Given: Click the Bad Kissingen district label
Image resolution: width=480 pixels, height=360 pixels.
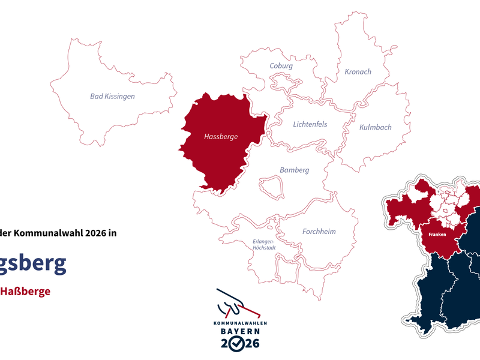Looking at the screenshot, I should pos(112,96).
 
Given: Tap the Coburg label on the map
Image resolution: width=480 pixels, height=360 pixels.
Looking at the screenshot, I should pos(281,66).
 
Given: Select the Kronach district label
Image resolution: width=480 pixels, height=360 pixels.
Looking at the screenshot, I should pos(358,72).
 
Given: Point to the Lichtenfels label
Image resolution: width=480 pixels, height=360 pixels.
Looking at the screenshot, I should pos(310,124).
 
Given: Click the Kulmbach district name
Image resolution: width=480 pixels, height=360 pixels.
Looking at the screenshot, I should pos(375,127).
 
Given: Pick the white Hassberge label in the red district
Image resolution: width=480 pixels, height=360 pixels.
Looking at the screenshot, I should pos(221,137).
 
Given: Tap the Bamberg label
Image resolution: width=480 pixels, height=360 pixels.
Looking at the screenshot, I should pos(295,170).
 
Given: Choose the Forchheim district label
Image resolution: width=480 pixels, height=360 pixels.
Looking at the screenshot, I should pos(319,232).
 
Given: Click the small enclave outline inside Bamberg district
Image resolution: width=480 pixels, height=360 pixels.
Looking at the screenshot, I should pos(271,186).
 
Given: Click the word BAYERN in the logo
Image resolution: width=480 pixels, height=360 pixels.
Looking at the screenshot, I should pos(239,331).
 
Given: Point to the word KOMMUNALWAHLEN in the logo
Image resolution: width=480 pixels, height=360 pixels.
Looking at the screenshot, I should pos(239,323).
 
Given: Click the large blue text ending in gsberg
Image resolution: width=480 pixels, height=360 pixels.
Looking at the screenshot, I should pos(33,264).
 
